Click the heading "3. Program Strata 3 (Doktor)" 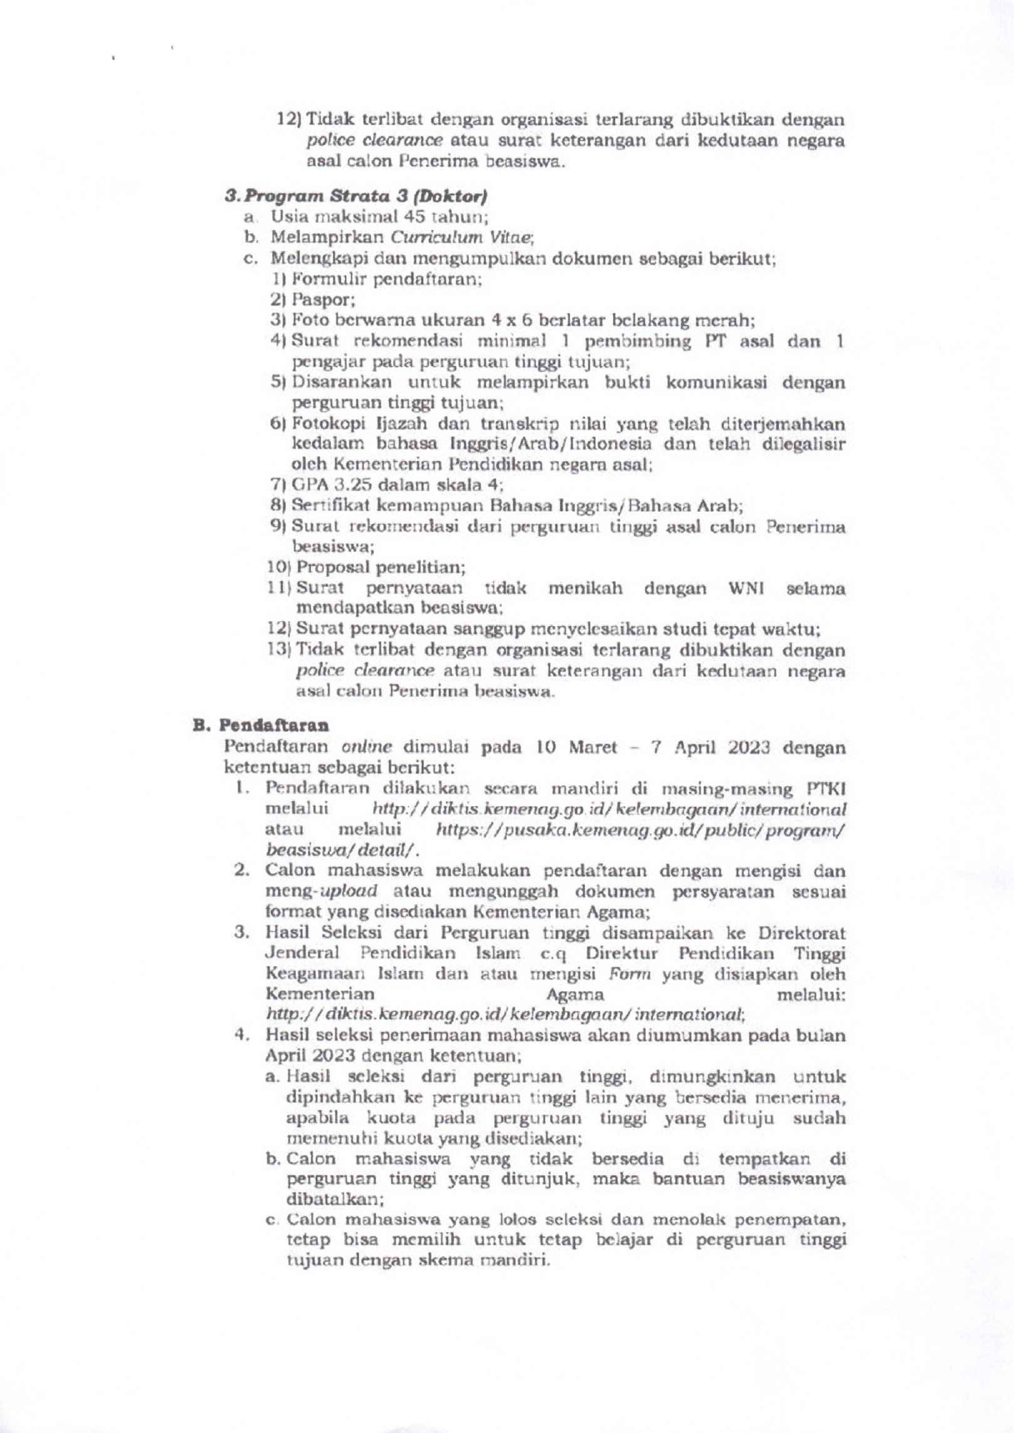click(356, 197)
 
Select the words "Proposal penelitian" click(380, 568)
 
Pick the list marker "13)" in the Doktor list click(279, 650)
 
